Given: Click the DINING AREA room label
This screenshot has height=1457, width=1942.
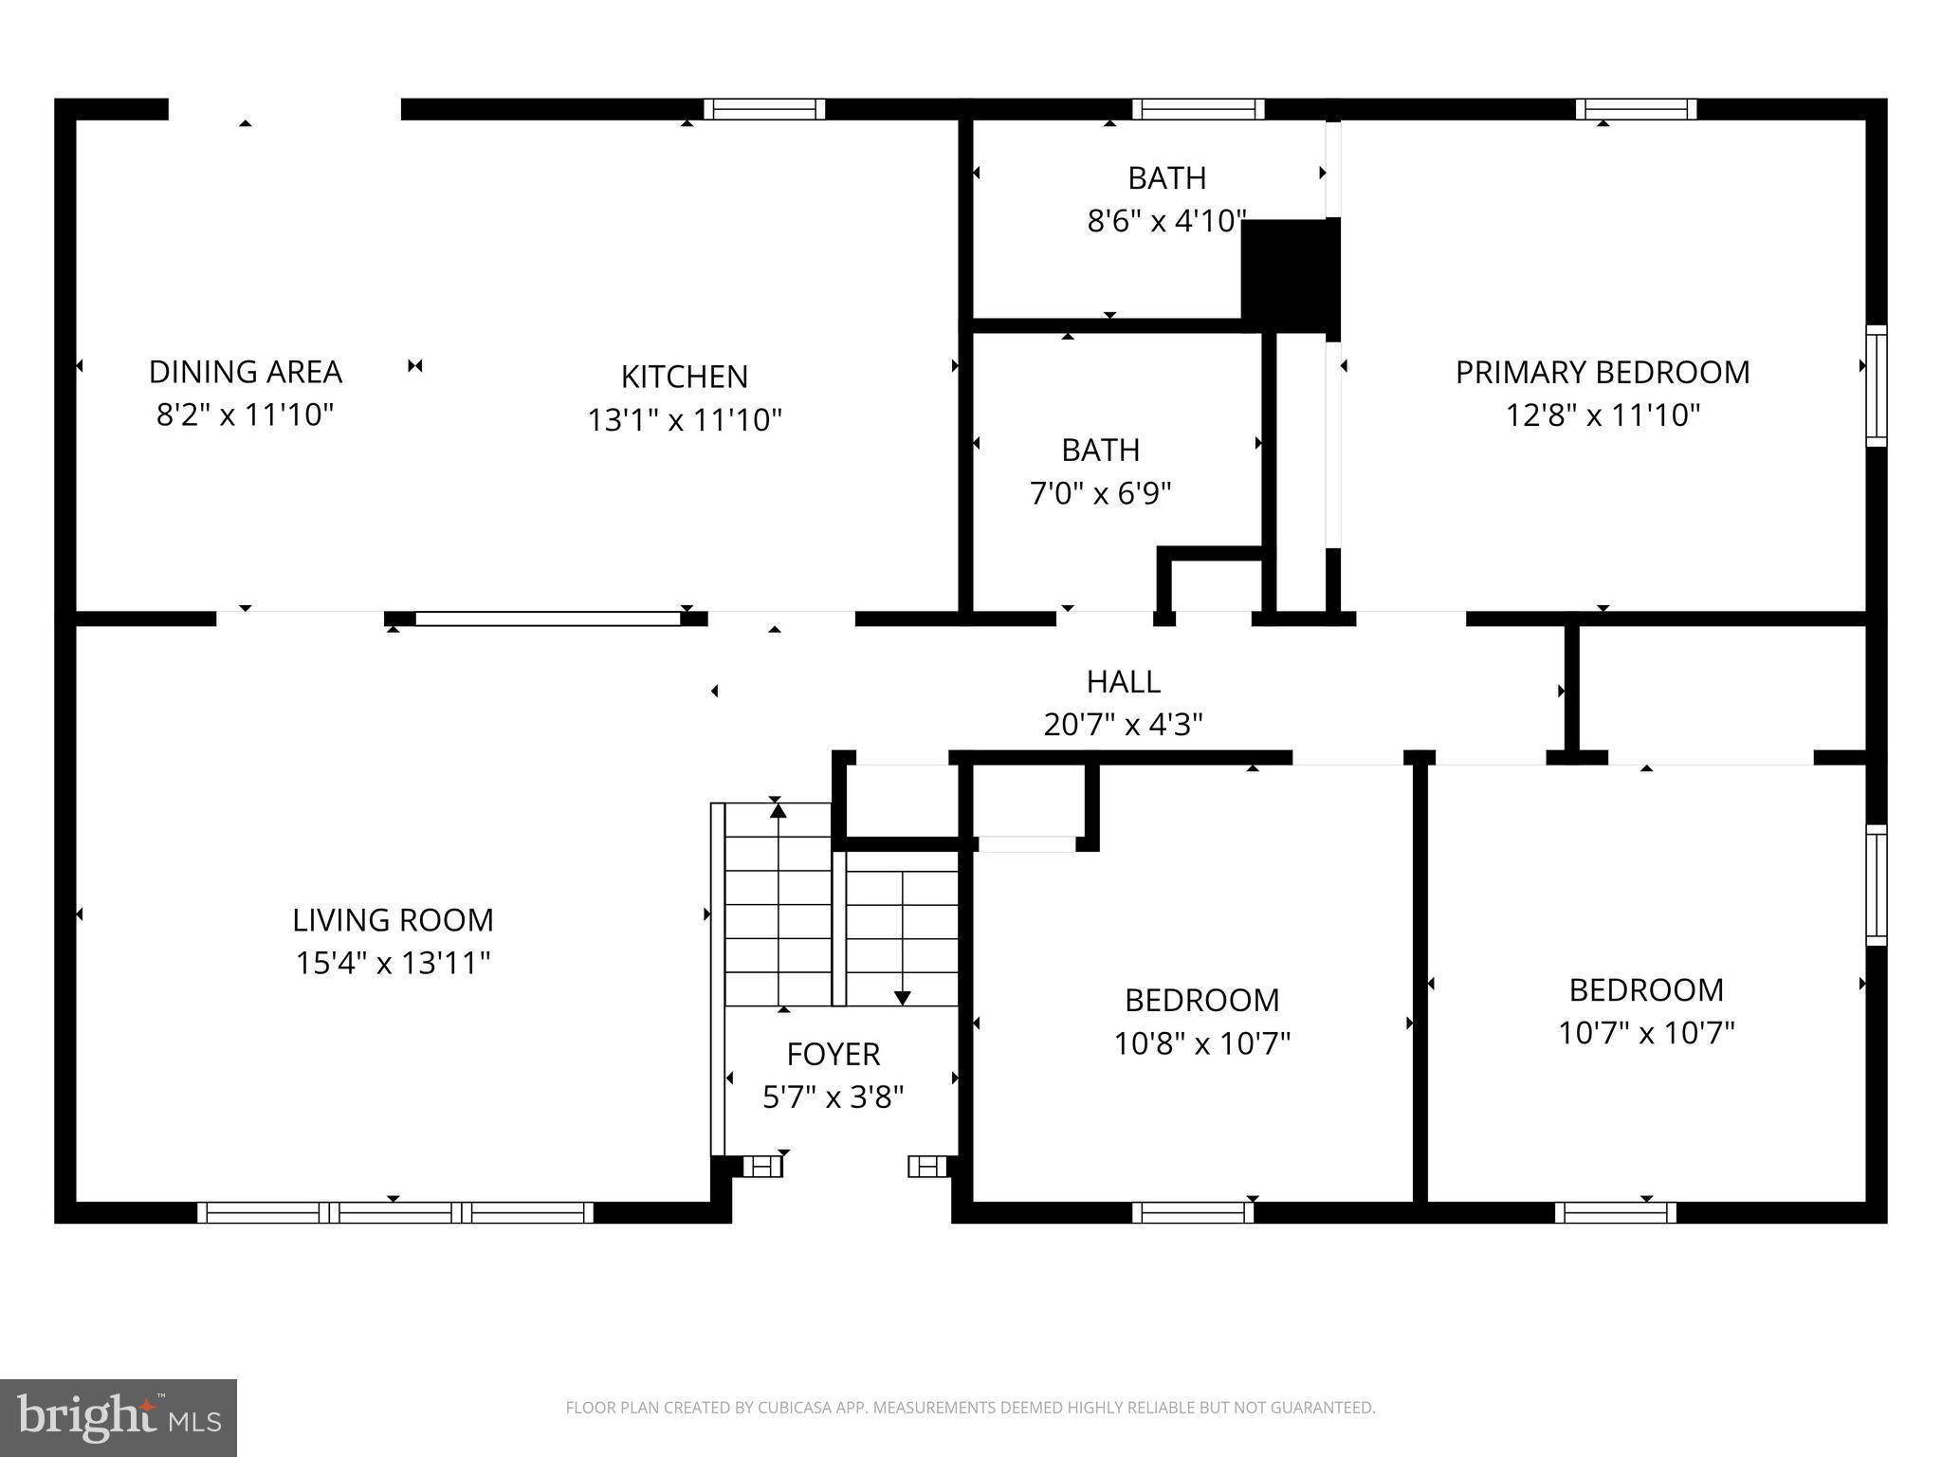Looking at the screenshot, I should coord(245,372).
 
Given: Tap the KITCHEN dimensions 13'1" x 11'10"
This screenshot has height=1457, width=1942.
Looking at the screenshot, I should coord(684,420).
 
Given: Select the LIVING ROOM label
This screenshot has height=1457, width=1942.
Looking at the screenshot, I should coord(393,920).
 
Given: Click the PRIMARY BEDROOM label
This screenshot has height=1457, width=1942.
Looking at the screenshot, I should coord(1602,373).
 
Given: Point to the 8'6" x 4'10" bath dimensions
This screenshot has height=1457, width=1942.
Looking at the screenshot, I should coord(1165,222).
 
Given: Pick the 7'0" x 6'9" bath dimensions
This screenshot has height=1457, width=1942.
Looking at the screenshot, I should coord(1100,494).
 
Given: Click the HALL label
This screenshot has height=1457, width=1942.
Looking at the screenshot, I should coord(1123,682).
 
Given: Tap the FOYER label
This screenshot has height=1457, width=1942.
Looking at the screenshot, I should coord(833,1055).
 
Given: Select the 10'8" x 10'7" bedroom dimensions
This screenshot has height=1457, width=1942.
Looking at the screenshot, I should coord(1201,1044).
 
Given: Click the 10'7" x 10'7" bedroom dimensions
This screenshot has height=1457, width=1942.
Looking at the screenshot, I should coord(1645,1033).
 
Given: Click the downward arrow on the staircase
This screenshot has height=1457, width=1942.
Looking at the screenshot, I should coord(902,997).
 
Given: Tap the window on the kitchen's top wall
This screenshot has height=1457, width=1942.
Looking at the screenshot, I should coord(764,109).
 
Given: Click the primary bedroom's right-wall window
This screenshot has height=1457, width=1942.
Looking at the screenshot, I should coord(1876,385).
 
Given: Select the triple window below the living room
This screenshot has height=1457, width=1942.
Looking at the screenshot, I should coord(394,1212).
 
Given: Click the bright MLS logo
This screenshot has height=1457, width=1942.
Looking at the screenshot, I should coord(119,1418).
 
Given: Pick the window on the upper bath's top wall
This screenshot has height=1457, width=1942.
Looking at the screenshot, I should coord(1198,109).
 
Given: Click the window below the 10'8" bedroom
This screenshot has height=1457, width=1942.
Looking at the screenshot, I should coord(1193,1212).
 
